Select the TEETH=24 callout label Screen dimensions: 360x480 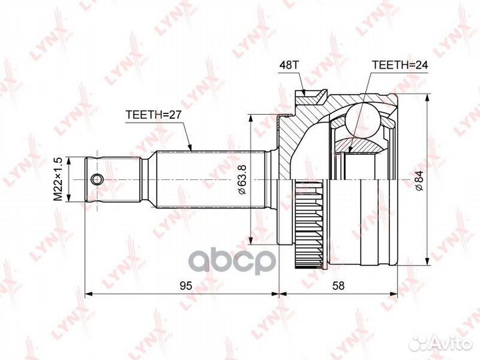398,65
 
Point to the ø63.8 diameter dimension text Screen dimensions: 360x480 243,179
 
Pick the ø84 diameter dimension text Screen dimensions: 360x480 418,179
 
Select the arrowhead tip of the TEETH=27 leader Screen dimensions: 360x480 191,148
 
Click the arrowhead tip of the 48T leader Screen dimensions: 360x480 305,95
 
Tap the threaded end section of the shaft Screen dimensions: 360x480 113,179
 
